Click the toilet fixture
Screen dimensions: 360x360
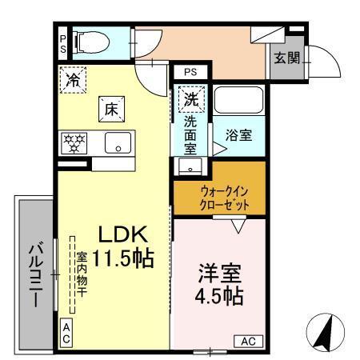[x=89, y=40]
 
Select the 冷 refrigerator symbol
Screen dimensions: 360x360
[x=73, y=80]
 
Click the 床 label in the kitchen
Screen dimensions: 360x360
[x=111, y=108]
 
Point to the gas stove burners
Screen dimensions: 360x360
[x=74, y=144]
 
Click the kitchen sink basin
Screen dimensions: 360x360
[x=118, y=144]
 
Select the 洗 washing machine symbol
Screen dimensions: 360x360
[x=191, y=101]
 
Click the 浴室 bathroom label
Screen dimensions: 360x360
[x=238, y=135]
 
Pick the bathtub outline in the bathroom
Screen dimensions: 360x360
[x=238, y=102]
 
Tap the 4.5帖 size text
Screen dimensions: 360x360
[x=218, y=294]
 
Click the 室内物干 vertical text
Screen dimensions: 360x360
[x=82, y=276]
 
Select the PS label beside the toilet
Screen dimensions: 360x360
[x=62, y=42]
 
